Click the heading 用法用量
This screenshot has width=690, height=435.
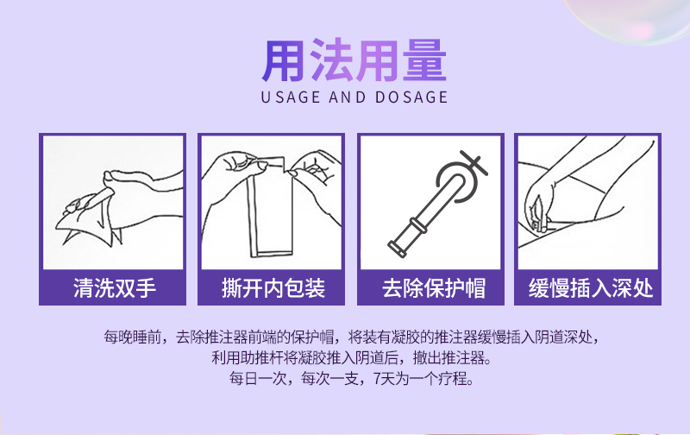[x=354, y=60]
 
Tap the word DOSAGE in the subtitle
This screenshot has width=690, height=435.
[x=411, y=97]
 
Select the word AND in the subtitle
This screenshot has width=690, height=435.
[x=348, y=97]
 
